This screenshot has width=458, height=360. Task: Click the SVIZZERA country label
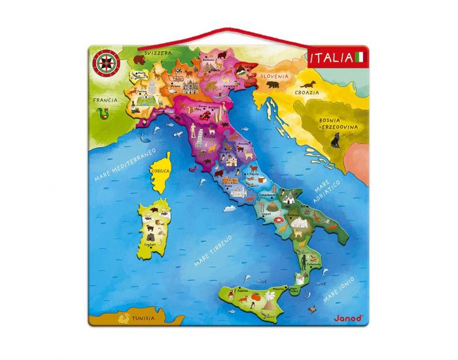159,52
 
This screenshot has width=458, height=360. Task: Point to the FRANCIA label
105,100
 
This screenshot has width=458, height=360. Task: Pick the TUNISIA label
142,319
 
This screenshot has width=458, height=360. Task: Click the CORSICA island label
160,171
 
